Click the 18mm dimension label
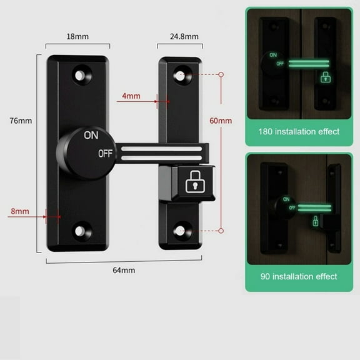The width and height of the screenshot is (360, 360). (x=77, y=36)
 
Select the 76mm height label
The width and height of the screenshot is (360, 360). (x=21, y=121)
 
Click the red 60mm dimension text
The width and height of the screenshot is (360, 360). (x=222, y=121)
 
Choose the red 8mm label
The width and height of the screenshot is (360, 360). (x=19, y=212)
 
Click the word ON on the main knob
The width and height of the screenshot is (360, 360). (x=91, y=134)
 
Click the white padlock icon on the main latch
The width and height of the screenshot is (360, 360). (x=194, y=182)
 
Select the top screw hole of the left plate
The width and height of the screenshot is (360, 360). (x=80, y=75)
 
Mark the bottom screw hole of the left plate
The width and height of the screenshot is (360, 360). (x=79, y=230)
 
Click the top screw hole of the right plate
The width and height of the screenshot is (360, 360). (x=181, y=74)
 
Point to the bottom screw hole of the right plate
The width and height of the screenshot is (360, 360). (x=181, y=230)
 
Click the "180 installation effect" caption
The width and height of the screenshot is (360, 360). (x=299, y=131)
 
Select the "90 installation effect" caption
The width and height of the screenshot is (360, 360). (x=299, y=276)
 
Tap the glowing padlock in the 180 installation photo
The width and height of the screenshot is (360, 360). (x=325, y=77)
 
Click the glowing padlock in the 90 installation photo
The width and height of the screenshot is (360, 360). (x=316, y=220)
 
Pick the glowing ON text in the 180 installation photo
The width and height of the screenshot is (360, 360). (x=272, y=55)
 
